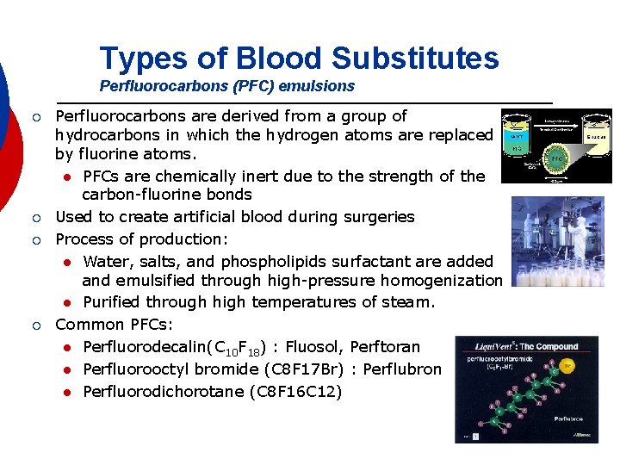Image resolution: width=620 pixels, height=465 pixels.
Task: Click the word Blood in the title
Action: click(278, 59)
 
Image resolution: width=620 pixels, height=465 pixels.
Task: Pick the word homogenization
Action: click(439, 281)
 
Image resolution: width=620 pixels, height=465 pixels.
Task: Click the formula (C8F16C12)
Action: click(295, 392)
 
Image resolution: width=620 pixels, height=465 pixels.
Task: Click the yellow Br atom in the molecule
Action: click(567, 366)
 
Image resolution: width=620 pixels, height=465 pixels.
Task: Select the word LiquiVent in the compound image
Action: click(493, 346)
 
